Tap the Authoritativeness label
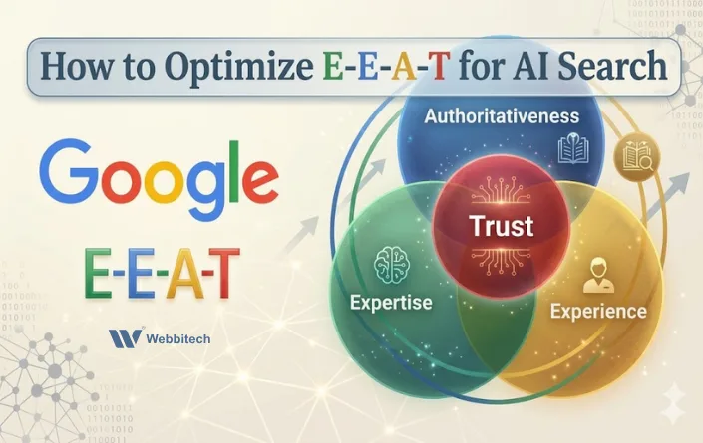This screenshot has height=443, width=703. [502, 116]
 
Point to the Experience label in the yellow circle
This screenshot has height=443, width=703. [597, 311]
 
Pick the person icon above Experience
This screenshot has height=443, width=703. [597, 272]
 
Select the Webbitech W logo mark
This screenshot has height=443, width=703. [124, 338]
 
